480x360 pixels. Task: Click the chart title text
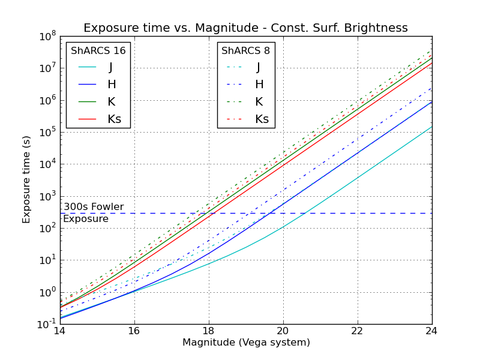point(245,28)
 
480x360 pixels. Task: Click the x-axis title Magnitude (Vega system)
point(245,343)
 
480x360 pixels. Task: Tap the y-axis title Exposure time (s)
point(26,179)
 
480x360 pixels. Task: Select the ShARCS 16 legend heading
point(98,50)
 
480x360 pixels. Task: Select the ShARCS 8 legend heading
point(246,50)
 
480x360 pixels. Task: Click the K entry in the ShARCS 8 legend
point(258,102)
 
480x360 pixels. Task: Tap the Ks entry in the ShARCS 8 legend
point(262,119)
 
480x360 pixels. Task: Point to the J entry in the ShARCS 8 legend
point(258,67)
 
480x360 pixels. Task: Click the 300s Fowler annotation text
point(94,207)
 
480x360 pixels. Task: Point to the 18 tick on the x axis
point(208,330)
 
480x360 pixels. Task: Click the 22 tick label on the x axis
point(357,330)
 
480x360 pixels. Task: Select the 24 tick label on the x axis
point(431,330)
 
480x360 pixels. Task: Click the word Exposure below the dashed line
point(86,219)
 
